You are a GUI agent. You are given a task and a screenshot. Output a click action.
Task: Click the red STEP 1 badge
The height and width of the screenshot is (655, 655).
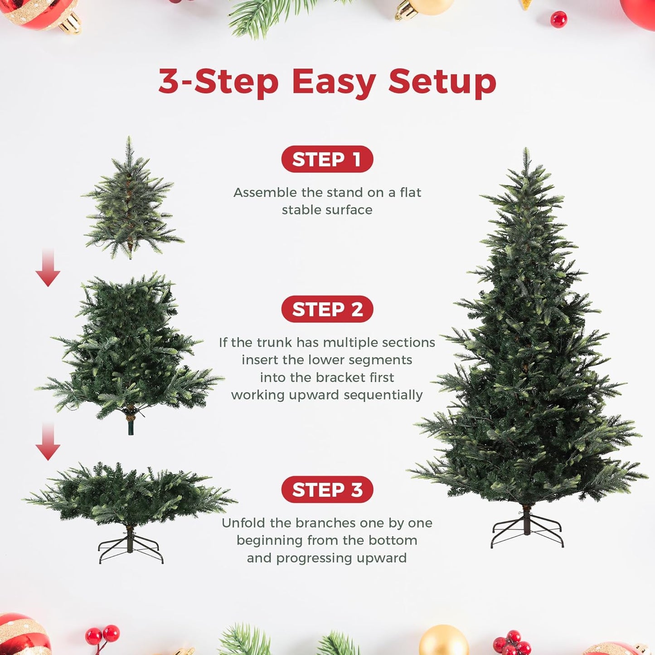click(327, 159)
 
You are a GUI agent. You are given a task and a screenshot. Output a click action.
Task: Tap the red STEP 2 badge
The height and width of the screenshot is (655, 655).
click(327, 309)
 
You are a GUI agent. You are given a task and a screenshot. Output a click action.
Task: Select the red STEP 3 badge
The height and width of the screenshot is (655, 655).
click(327, 490)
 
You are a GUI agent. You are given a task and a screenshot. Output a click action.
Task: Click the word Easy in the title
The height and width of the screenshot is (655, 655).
click(334, 82)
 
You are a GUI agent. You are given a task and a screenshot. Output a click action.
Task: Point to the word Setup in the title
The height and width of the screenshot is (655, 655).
click(442, 82)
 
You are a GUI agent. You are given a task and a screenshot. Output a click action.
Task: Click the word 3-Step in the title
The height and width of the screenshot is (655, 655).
click(218, 82)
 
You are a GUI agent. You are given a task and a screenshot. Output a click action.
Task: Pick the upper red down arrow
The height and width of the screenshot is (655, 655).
click(48, 268)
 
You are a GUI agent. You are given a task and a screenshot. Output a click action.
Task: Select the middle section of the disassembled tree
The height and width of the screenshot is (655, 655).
click(129, 349)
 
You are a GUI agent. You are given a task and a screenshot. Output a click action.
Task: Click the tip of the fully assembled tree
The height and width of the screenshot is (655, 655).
click(526, 152)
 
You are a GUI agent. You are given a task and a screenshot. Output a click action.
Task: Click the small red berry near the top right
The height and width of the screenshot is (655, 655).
click(558, 19)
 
